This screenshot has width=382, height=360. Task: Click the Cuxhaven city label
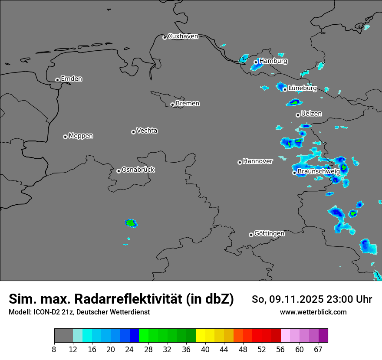click(x=183, y=36)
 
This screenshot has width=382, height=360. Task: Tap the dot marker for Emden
click(x=57, y=80)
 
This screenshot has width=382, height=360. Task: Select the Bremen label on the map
click(x=188, y=104)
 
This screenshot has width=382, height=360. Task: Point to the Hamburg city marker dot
click(x=256, y=62)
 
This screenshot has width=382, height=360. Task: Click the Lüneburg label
click(x=303, y=88)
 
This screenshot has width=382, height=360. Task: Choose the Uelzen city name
click(x=311, y=114)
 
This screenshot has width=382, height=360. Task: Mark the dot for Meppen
click(x=65, y=137)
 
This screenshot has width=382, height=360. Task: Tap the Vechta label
click(x=147, y=131)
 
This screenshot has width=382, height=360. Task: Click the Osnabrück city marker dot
click(x=119, y=171)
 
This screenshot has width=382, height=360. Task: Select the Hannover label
click(x=258, y=161)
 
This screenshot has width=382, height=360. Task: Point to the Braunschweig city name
click(x=319, y=172)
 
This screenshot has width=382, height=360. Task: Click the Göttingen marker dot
click(x=251, y=235)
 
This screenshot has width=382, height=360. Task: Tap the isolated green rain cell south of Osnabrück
click(x=131, y=223)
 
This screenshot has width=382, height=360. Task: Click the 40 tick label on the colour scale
click(x=205, y=349)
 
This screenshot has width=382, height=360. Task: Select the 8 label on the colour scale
click(x=55, y=349)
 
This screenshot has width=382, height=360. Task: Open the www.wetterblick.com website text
click(x=313, y=312)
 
